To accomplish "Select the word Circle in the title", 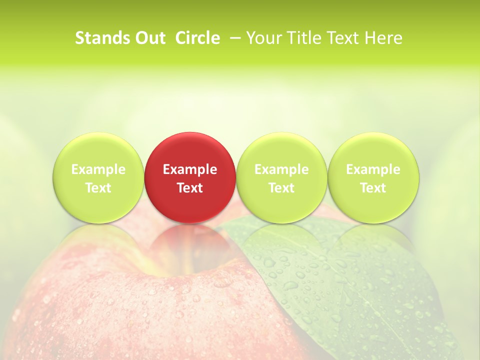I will (197, 38).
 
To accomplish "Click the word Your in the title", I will (263, 38).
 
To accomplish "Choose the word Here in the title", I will (382, 38).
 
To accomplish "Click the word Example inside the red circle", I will (190, 169).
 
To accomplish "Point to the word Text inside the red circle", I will (190, 188).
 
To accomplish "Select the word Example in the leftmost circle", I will (98, 169).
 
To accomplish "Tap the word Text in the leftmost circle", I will (98, 188).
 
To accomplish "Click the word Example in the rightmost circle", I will (373, 169).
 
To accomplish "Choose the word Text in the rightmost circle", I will (373, 188).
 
